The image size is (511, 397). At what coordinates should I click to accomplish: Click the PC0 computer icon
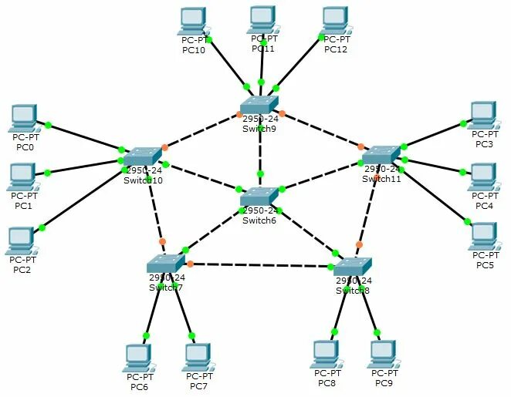click(x=24, y=118)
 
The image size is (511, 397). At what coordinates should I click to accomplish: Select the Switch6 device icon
click(x=259, y=197)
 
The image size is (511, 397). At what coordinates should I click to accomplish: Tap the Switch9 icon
click(x=258, y=105)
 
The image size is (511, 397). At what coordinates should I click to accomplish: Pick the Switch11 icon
click(x=381, y=155)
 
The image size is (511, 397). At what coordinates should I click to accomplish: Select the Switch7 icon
click(x=167, y=264)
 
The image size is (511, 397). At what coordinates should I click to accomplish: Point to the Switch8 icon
click(x=353, y=267)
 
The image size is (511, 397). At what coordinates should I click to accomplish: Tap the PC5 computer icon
click(x=484, y=236)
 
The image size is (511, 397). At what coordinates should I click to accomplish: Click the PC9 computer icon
click(x=383, y=354)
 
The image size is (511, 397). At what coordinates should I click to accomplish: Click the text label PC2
click(x=22, y=269)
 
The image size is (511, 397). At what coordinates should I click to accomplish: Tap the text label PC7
click(x=198, y=386)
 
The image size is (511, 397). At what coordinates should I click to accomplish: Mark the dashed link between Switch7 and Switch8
click(x=262, y=266)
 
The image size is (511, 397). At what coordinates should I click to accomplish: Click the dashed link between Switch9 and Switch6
click(x=260, y=148)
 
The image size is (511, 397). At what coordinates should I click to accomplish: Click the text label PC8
click(x=327, y=383)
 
